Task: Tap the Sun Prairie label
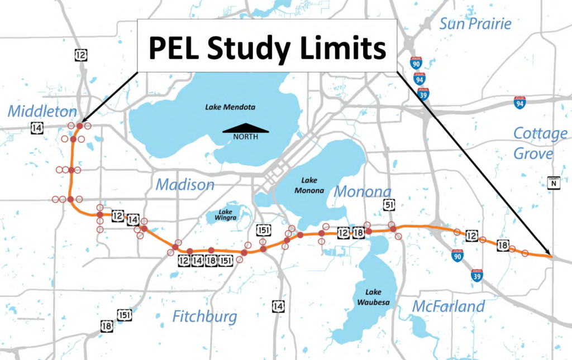pyautogui.click(x=475, y=23)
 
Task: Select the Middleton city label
pyautogui.click(x=35, y=111)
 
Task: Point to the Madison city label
pyautogui.click(x=185, y=184)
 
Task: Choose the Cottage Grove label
pyautogui.click(x=540, y=143)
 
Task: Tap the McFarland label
pyautogui.click(x=449, y=306)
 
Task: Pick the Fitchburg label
pyautogui.click(x=204, y=317)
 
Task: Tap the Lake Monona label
pyautogui.click(x=312, y=185)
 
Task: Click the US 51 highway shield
pyautogui.click(x=389, y=206)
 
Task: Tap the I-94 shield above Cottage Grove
pyautogui.click(x=520, y=102)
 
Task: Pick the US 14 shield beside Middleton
pyautogui.click(x=37, y=128)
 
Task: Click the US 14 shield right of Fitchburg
pyautogui.click(x=278, y=306)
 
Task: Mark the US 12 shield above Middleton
pyautogui.click(x=80, y=54)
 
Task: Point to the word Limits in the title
pyautogui.click(x=341, y=49)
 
